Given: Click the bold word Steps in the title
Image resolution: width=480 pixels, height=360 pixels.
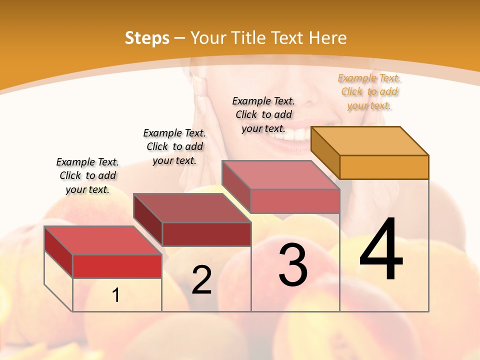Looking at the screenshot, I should [x=147, y=38].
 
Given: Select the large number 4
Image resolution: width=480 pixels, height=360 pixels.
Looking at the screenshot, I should [x=381, y=249].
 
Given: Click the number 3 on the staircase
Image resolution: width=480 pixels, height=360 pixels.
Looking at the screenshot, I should [x=293, y=265].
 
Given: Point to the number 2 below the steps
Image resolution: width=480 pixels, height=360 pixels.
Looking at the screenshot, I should [x=201, y=280].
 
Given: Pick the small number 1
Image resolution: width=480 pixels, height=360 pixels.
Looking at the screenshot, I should [x=116, y=295].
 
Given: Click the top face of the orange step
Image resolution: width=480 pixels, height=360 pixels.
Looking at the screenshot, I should [x=370, y=140].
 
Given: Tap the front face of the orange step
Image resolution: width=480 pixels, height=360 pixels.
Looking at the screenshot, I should [x=384, y=167].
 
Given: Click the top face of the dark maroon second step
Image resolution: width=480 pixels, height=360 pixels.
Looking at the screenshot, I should [x=192, y=208].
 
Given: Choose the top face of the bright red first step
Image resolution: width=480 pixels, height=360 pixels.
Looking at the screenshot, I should [x=103, y=240].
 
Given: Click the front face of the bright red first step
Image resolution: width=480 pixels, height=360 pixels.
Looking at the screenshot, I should [x=117, y=266].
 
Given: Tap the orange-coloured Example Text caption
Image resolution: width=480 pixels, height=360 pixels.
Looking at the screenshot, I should [x=369, y=91].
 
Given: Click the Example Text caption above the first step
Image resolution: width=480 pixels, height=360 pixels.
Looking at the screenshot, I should [x=87, y=175].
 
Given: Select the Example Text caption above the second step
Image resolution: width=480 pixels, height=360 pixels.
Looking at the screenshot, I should [x=174, y=146].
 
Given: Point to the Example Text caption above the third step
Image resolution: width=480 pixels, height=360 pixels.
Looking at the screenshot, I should [x=263, y=114].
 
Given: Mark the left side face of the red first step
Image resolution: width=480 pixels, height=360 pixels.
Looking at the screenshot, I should [x=58, y=251].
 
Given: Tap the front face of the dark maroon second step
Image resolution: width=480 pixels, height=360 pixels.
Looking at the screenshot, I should [x=206, y=234].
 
